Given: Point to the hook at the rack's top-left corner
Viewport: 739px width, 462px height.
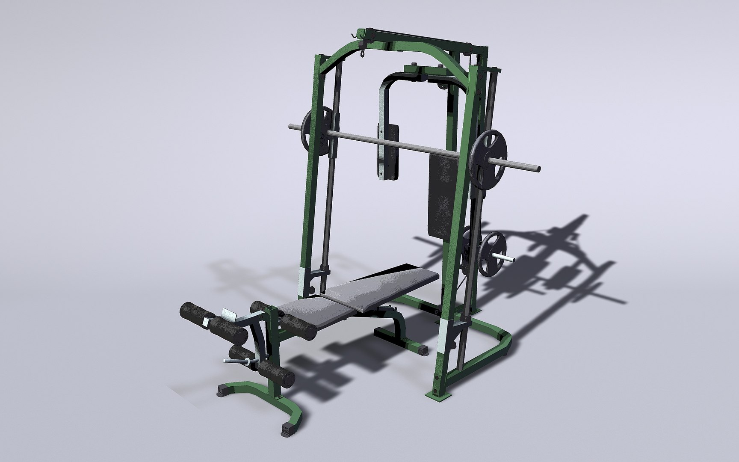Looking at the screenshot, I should (x=353, y=33).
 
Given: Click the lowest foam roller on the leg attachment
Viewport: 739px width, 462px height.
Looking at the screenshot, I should (x=277, y=372).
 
